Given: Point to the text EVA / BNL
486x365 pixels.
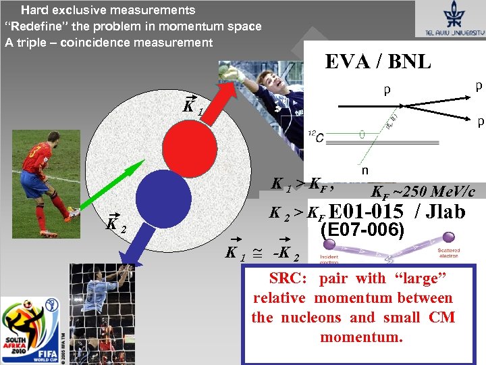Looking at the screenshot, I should (x=378, y=62).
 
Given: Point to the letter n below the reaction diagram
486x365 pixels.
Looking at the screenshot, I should (x=364, y=171).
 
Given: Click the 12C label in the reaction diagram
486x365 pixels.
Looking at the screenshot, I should (x=315, y=136).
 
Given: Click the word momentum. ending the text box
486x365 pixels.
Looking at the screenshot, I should (x=361, y=337).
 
